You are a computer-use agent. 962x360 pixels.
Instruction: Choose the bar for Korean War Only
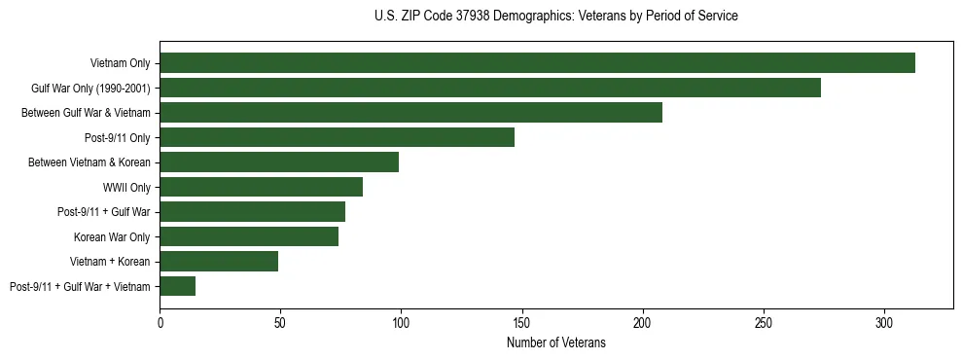[249, 236]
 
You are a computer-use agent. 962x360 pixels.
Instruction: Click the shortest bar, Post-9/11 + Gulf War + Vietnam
[177, 286]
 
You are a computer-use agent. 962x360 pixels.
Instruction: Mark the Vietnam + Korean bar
[219, 261]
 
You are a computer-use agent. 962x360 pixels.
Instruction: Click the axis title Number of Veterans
[556, 342]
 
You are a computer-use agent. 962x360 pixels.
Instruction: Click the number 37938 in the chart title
[472, 17]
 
